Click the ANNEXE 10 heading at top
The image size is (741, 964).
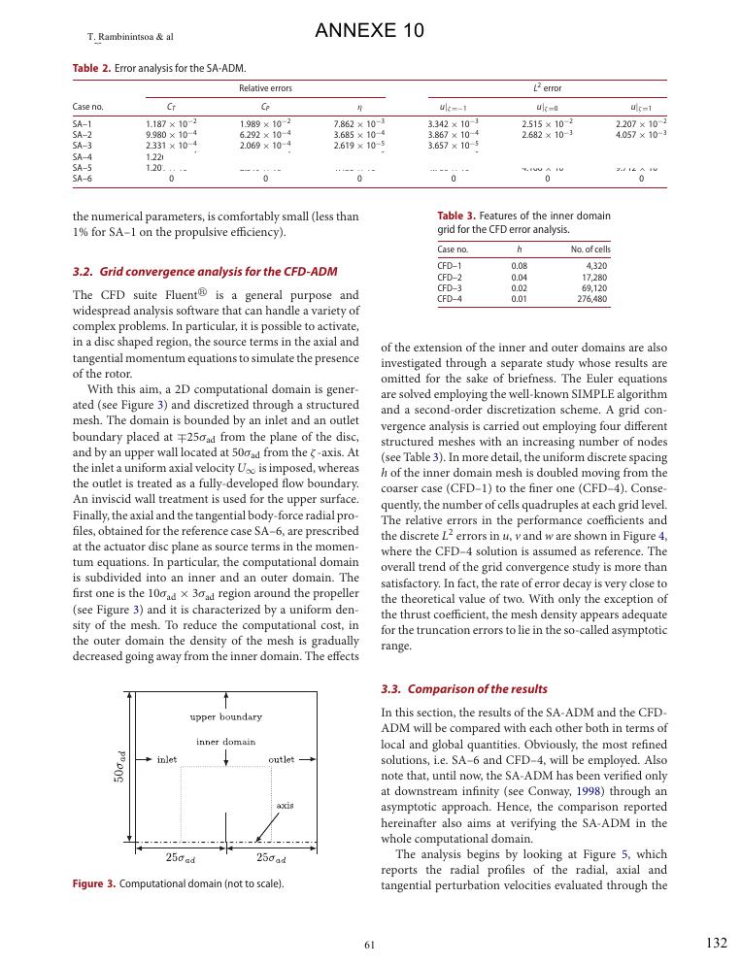pyautogui.click(x=370, y=31)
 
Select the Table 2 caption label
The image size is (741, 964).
pyautogui.click(x=92, y=68)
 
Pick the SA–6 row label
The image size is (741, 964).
pyautogui.click(x=83, y=179)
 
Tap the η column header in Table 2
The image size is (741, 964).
pyautogui.click(x=359, y=106)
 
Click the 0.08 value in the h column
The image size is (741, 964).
pyautogui.click(x=520, y=265)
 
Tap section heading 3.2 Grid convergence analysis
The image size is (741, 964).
pyautogui.click(x=205, y=271)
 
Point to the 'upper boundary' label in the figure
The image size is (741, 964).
pyautogui.click(x=225, y=717)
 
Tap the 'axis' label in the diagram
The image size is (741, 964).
pyautogui.click(x=285, y=805)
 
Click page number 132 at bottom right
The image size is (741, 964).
pyautogui.click(x=716, y=942)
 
